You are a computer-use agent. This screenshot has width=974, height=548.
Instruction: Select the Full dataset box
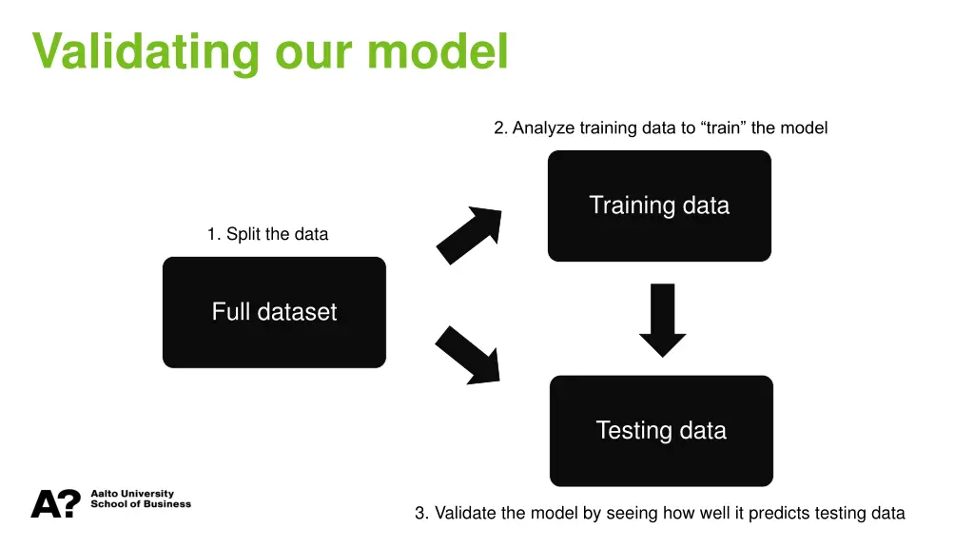(274, 312)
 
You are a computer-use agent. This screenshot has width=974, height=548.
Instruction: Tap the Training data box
(659, 205)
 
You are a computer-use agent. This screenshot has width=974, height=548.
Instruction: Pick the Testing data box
(661, 430)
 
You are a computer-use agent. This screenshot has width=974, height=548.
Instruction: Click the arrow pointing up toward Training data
(469, 234)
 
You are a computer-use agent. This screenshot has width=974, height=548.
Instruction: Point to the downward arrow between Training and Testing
(662, 320)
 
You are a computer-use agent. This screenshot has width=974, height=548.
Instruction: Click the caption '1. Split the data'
(267, 234)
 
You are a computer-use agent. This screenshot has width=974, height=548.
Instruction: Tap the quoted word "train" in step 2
(723, 127)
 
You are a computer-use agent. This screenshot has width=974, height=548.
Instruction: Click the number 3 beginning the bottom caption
(419, 513)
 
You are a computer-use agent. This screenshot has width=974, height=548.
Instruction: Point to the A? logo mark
(55, 503)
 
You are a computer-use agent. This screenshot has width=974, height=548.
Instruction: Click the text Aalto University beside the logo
(132, 494)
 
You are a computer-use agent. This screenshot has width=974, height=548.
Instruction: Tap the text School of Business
(141, 504)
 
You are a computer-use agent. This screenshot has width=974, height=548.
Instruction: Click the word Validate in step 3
(464, 513)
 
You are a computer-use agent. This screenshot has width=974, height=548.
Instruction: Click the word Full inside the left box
(229, 312)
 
